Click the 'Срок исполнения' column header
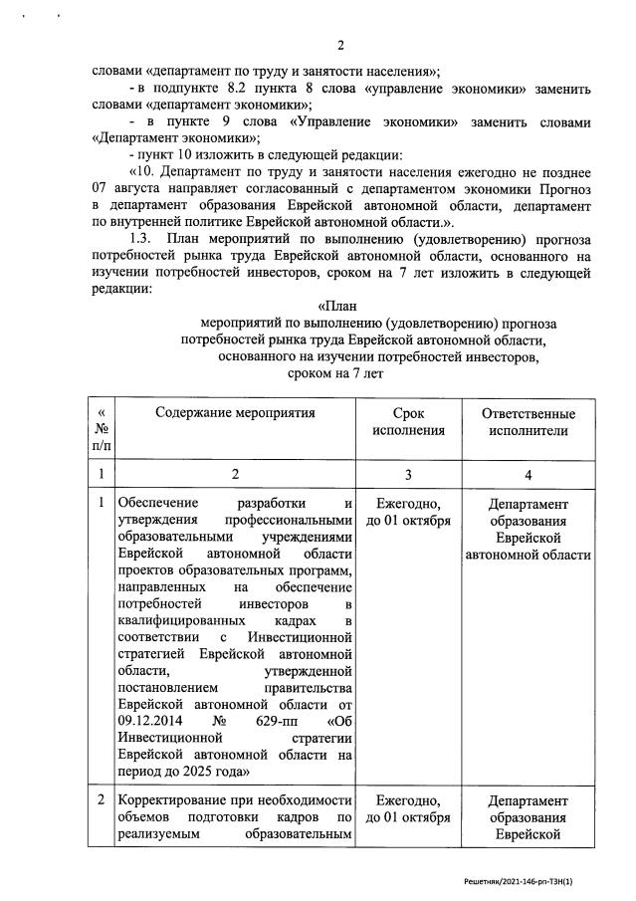(409, 422)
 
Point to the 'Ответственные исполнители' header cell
(529, 422)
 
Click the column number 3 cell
(409, 474)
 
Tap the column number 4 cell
(529, 474)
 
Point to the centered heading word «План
(336, 307)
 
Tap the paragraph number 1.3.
(142, 239)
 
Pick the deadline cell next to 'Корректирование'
(409, 809)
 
